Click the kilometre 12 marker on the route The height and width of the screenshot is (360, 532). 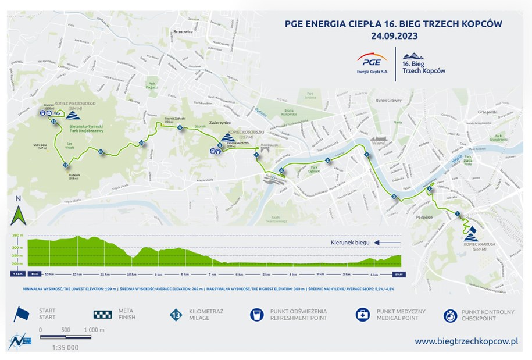tap(65, 165)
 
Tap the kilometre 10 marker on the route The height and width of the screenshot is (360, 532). tap(141, 143)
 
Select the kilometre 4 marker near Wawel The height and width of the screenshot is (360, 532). tap(367, 155)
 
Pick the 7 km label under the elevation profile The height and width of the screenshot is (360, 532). tap(211, 273)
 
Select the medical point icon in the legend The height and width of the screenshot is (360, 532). tap(365, 315)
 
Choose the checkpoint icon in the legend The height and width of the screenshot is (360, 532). tap(451, 315)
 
